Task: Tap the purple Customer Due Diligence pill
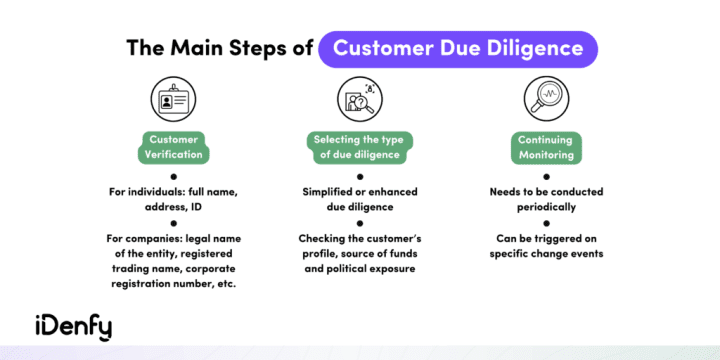[x=458, y=47]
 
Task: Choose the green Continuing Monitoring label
[x=546, y=148]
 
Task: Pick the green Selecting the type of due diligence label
[x=359, y=147]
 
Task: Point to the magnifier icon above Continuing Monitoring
[x=546, y=99]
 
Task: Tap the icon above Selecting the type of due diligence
[x=359, y=99]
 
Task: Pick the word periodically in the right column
[x=546, y=207]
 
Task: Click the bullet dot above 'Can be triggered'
[x=546, y=223]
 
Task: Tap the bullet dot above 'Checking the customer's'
[x=359, y=223]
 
